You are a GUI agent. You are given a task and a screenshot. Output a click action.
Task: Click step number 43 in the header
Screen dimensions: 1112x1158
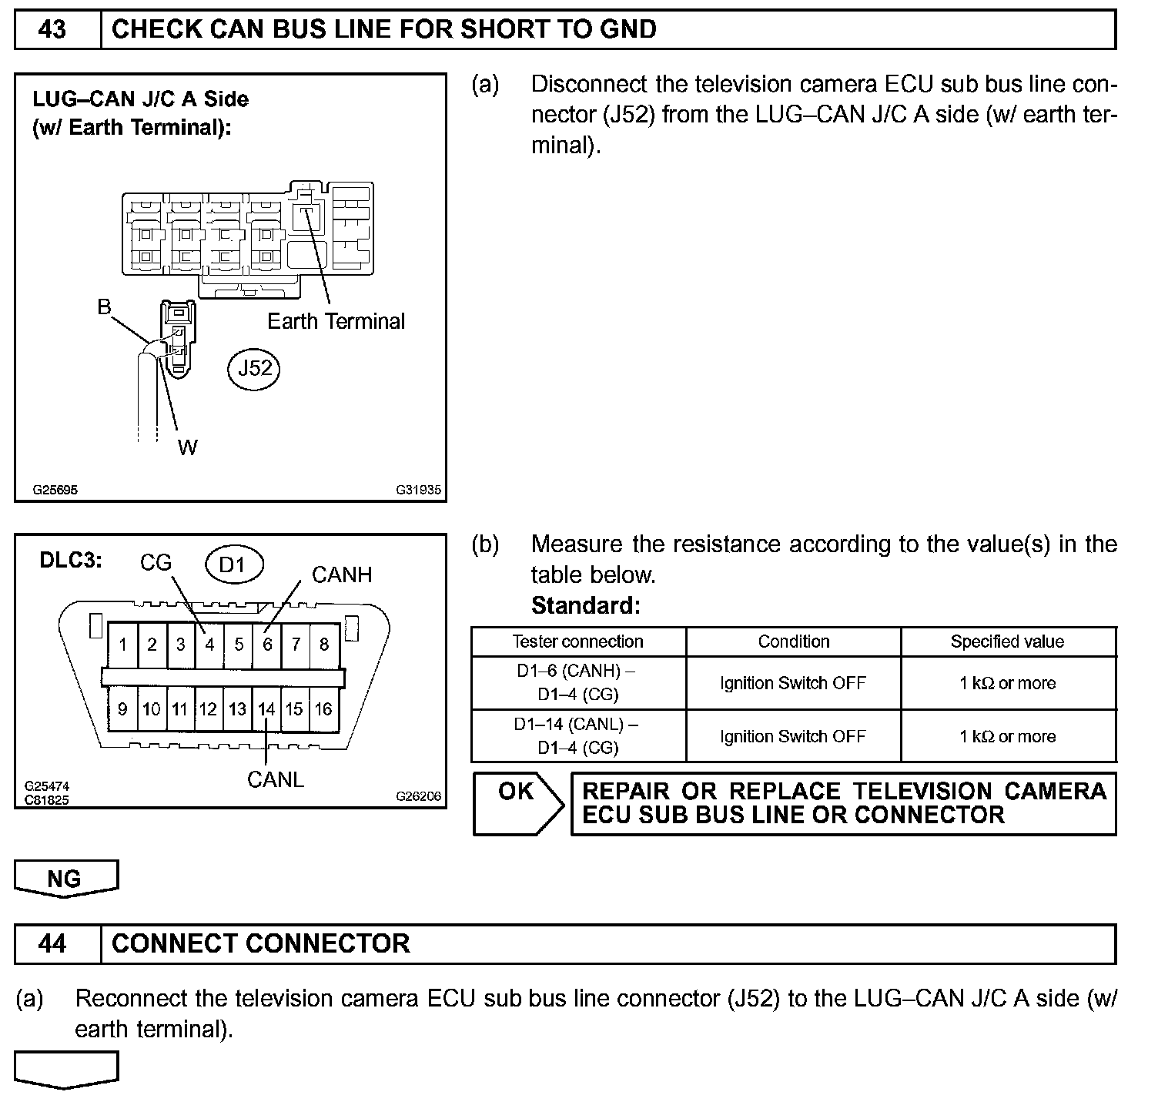[52, 29]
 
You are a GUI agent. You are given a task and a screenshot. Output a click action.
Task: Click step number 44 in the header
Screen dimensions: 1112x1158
[52, 943]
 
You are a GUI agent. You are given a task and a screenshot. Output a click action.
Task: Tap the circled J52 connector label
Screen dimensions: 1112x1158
[254, 368]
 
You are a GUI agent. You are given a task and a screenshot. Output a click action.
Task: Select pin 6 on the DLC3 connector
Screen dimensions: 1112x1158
[267, 644]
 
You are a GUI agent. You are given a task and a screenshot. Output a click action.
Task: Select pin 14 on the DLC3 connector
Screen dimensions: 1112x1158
[266, 708]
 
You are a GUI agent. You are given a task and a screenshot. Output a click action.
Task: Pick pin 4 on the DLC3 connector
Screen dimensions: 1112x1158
[209, 644]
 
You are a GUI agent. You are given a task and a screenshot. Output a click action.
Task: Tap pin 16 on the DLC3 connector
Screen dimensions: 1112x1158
[323, 708]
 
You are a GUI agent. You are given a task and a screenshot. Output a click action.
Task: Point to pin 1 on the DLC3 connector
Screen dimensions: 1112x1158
[123, 644]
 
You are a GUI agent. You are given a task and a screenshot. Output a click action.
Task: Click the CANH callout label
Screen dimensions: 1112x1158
[341, 574]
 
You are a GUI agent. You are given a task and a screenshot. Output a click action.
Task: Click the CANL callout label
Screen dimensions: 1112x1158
[275, 779]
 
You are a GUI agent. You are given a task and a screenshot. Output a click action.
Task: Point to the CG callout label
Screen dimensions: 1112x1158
[156, 563]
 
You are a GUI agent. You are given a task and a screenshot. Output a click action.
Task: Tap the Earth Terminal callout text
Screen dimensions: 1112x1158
[336, 321]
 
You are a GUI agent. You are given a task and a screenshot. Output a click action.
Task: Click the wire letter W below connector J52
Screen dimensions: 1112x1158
[187, 447]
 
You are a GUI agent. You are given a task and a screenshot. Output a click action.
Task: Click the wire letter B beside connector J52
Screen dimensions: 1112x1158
[104, 306]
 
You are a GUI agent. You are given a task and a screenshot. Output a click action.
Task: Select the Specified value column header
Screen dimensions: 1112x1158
[1007, 641]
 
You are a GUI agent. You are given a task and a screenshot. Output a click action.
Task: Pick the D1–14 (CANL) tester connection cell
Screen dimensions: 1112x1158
[577, 735]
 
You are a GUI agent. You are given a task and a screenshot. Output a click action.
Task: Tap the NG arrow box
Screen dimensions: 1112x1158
[65, 878]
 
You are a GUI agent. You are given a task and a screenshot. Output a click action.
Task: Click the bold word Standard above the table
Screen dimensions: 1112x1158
[585, 605]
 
